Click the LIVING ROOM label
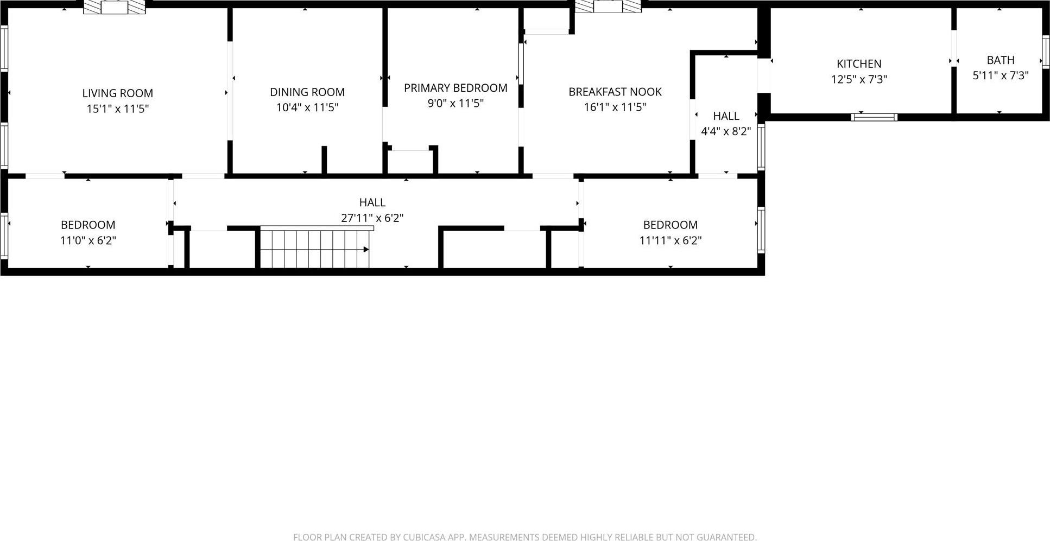117,93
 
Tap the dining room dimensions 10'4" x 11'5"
307,107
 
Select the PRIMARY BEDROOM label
456,88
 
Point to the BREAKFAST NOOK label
615,92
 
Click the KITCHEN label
859,63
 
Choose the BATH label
1000,60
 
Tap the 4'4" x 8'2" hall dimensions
726,131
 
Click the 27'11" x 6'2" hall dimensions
372,218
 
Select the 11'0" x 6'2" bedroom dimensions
88,240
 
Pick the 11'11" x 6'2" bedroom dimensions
670,240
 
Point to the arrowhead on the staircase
366,250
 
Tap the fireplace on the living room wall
115,7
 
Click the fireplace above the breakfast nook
608,6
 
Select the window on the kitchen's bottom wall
874,117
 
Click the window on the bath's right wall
1045,52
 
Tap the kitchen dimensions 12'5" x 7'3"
859,79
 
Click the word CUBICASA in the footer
424,537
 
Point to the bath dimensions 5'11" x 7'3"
1000,75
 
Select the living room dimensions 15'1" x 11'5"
117,109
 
